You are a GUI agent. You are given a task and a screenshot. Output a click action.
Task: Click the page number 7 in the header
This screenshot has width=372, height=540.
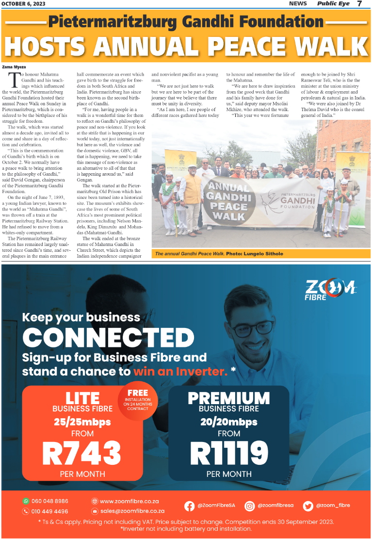359,4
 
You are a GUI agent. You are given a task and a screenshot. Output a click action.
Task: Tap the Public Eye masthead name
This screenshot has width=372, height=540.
334,4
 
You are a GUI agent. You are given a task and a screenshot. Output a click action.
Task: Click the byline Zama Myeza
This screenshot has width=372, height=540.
14,66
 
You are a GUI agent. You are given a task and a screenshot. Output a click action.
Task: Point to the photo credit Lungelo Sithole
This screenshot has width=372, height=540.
262,254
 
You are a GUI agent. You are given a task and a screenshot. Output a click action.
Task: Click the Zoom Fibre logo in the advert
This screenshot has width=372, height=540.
330,290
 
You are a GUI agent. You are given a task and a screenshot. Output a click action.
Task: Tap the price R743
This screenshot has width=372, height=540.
81,453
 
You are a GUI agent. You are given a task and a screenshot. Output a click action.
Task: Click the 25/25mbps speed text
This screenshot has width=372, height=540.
82,421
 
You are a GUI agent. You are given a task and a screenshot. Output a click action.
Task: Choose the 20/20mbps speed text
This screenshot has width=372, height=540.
228,422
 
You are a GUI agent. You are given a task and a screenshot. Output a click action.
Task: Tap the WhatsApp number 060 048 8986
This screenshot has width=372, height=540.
49,501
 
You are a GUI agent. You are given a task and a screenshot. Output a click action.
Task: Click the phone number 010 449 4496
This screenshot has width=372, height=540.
49,511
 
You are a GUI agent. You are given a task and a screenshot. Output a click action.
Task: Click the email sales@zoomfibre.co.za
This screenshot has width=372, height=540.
132,511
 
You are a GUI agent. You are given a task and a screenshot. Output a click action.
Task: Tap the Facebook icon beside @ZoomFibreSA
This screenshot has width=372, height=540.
190,506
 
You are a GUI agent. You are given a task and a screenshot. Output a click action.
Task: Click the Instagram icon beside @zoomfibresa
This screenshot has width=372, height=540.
250,506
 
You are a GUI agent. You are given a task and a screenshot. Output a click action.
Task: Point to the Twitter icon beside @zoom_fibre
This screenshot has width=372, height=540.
308,506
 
